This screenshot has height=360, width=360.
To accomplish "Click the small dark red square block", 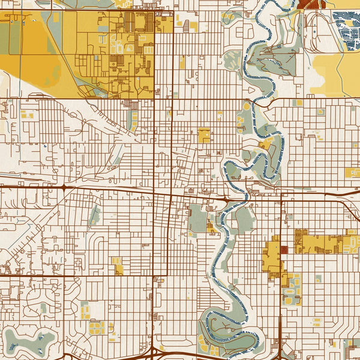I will tap(284, 250).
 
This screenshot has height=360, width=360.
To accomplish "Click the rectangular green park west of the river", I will tap(197, 220).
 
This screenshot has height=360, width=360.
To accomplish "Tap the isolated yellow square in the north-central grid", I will tap(204, 135).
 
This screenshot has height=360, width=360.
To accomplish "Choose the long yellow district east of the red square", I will tap(324, 243).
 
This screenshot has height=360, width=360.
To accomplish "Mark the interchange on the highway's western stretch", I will tap(64, 188).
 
